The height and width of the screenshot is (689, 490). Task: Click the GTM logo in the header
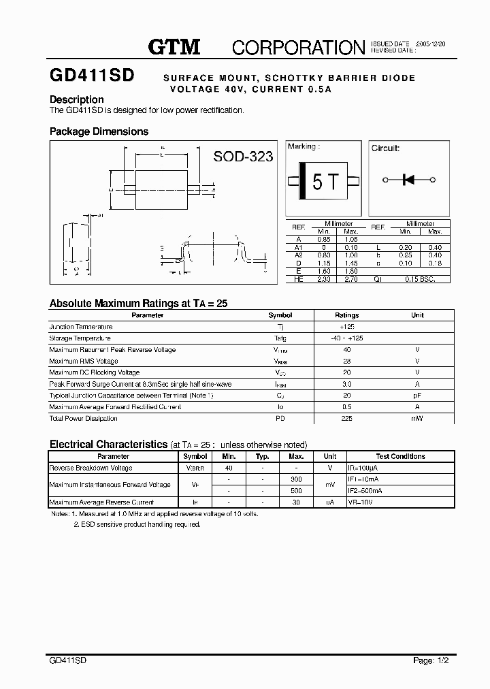click(174, 46)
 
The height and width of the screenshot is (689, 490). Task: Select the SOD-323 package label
click(243, 157)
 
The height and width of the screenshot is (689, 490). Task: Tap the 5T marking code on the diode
click(325, 182)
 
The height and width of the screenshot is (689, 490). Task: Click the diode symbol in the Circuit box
click(409, 180)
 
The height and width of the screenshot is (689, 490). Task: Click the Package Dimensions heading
click(99, 131)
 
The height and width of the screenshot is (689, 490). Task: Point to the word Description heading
click(76, 99)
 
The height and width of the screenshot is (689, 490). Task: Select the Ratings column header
click(346, 315)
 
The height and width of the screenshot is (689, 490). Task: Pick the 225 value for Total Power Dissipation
click(346, 418)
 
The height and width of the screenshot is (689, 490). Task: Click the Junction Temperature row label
click(81, 327)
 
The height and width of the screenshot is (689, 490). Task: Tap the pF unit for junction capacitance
click(417, 395)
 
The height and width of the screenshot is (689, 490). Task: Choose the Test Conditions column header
click(400, 456)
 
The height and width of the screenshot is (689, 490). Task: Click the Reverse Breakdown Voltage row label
click(91, 468)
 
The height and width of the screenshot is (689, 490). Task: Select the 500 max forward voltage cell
click(296, 490)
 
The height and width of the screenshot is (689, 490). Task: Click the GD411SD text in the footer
click(68, 660)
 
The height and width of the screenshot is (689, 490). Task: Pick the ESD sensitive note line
click(137, 525)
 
